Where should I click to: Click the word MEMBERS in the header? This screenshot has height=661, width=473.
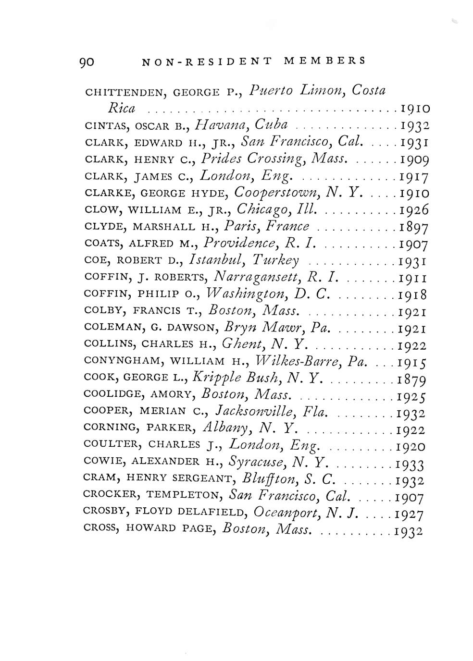324,61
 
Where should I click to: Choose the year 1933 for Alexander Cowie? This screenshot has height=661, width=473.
410,464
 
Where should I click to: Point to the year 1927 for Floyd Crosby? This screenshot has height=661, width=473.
409,514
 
